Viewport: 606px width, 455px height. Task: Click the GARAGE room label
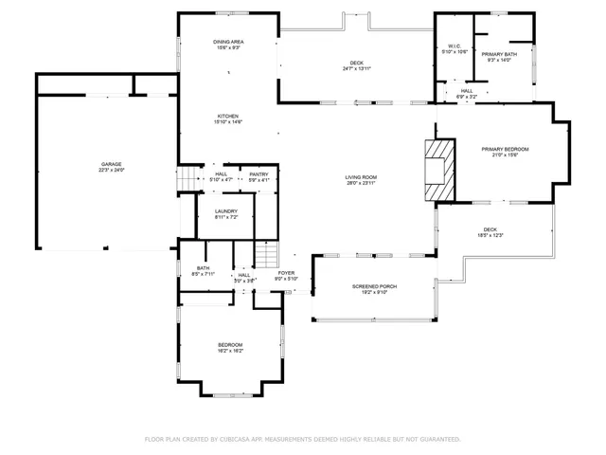(112, 164)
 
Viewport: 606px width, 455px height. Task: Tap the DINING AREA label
(228, 43)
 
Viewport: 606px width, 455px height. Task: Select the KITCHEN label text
(228, 116)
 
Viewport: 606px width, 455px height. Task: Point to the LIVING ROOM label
(362, 177)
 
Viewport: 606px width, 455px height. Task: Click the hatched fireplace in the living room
(438, 170)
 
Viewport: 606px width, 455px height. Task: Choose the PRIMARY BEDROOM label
(505, 149)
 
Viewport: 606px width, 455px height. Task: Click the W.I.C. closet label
(454, 46)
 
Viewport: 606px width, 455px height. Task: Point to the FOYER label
(286, 273)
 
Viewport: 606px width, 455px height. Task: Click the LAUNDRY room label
(225, 211)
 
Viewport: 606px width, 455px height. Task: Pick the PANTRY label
(258, 173)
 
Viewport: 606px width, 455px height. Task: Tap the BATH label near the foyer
(203, 268)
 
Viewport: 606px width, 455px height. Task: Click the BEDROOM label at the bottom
(230, 344)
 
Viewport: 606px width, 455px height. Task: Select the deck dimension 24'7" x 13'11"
(357, 69)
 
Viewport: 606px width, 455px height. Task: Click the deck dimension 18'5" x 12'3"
(490, 235)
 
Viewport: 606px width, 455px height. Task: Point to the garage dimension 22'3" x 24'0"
(112, 171)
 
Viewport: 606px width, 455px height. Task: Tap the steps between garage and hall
(187, 177)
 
